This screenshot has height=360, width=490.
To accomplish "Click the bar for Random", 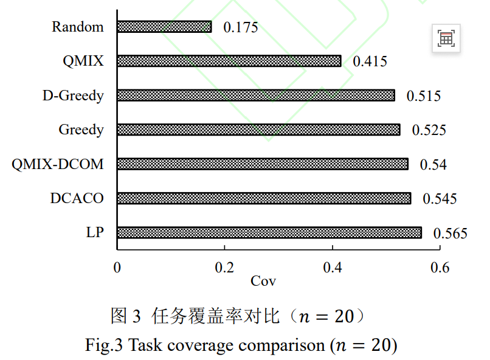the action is tap(164, 27).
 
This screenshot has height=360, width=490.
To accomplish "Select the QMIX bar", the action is tap(229, 61).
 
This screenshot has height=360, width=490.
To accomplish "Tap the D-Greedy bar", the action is tap(257, 95).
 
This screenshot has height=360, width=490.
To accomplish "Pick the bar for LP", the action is tap(270, 232).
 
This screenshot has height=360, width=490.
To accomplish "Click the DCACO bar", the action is tap(264, 198).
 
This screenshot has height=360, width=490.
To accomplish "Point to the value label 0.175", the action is tap(241, 27).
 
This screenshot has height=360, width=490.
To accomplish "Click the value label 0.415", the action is tap(370, 61).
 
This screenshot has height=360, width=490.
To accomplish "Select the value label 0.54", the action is tap(433, 165).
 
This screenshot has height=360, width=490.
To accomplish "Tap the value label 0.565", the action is tap(450, 234).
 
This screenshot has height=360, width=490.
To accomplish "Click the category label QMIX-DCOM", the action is tap(58, 164).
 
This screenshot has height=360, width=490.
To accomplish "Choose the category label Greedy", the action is tap(81, 130).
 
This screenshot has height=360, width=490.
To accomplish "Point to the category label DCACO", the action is tap(77, 198).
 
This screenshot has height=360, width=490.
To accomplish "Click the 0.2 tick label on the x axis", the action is tap(224, 268).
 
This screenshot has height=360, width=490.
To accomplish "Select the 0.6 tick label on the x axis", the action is tap(440, 268).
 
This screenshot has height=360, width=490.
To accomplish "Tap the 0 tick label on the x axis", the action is tap(117, 268).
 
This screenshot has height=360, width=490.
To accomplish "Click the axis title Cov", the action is tap(263, 281).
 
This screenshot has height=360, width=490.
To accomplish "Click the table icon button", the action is tap(446, 38).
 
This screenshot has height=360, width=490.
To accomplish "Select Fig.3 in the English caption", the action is tap(104, 345).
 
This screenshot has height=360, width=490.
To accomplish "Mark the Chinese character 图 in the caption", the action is tap(119, 316).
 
